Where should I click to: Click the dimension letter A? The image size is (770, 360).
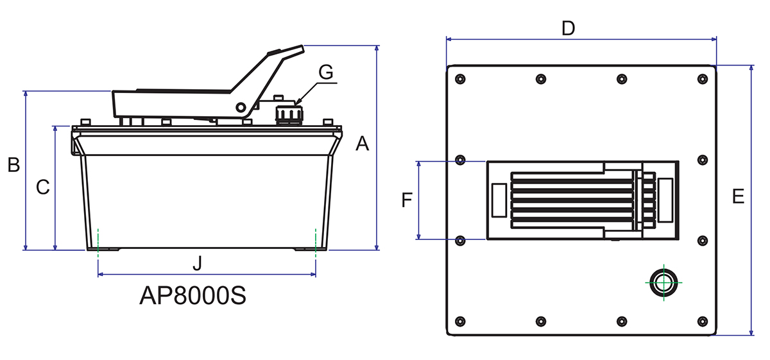click(363, 144)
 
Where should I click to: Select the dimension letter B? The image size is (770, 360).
click(13, 165)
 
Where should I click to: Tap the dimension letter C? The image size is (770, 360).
click(42, 187)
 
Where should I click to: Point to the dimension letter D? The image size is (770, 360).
click(568, 28)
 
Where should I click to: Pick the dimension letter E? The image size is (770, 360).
click(738, 196)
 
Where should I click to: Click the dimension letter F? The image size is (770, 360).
click(406, 201)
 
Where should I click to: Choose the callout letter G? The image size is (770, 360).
click(326, 73)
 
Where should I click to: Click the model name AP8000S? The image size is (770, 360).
click(193, 296)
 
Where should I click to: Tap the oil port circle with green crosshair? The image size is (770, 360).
click(662, 282)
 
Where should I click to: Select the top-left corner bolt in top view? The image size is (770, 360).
click(459, 79)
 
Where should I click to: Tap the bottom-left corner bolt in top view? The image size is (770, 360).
click(459, 321)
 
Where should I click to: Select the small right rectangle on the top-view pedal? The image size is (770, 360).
click(665, 200)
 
